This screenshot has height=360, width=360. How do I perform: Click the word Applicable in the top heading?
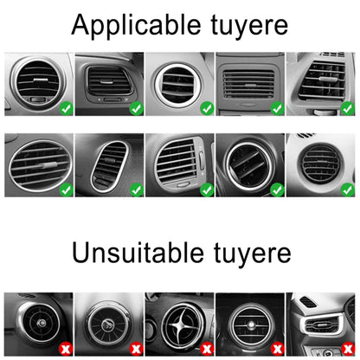(x=136, y=25)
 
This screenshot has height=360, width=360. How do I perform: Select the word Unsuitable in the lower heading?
(x=138, y=253)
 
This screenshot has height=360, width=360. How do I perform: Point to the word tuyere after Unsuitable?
(x=253, y=254)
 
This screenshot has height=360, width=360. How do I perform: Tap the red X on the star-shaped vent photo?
(x=207, y=349)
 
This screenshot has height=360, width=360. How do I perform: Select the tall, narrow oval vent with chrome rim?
(x=110, y=166)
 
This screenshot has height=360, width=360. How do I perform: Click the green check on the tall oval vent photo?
(x=136, y=190)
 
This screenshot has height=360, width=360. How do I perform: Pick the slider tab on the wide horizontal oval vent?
(x=47, y=165)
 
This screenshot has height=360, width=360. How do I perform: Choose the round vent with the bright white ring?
(x=177, y=85)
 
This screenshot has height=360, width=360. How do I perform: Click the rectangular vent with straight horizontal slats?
(x=248, y=84)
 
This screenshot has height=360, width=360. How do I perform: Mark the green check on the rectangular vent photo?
(x=277, y=108)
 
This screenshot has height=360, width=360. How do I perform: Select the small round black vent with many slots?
(x=319, y=164)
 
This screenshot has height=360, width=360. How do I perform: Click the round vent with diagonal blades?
(x=250, y=165)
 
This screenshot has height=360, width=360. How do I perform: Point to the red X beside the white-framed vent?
(x=348, y=349)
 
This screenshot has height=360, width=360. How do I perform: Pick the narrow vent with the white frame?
(x=321, y=325)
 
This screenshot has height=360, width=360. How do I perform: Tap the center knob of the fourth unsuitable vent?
(x=251, y=325)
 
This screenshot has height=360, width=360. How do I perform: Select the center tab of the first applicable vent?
(x=42, y=80)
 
